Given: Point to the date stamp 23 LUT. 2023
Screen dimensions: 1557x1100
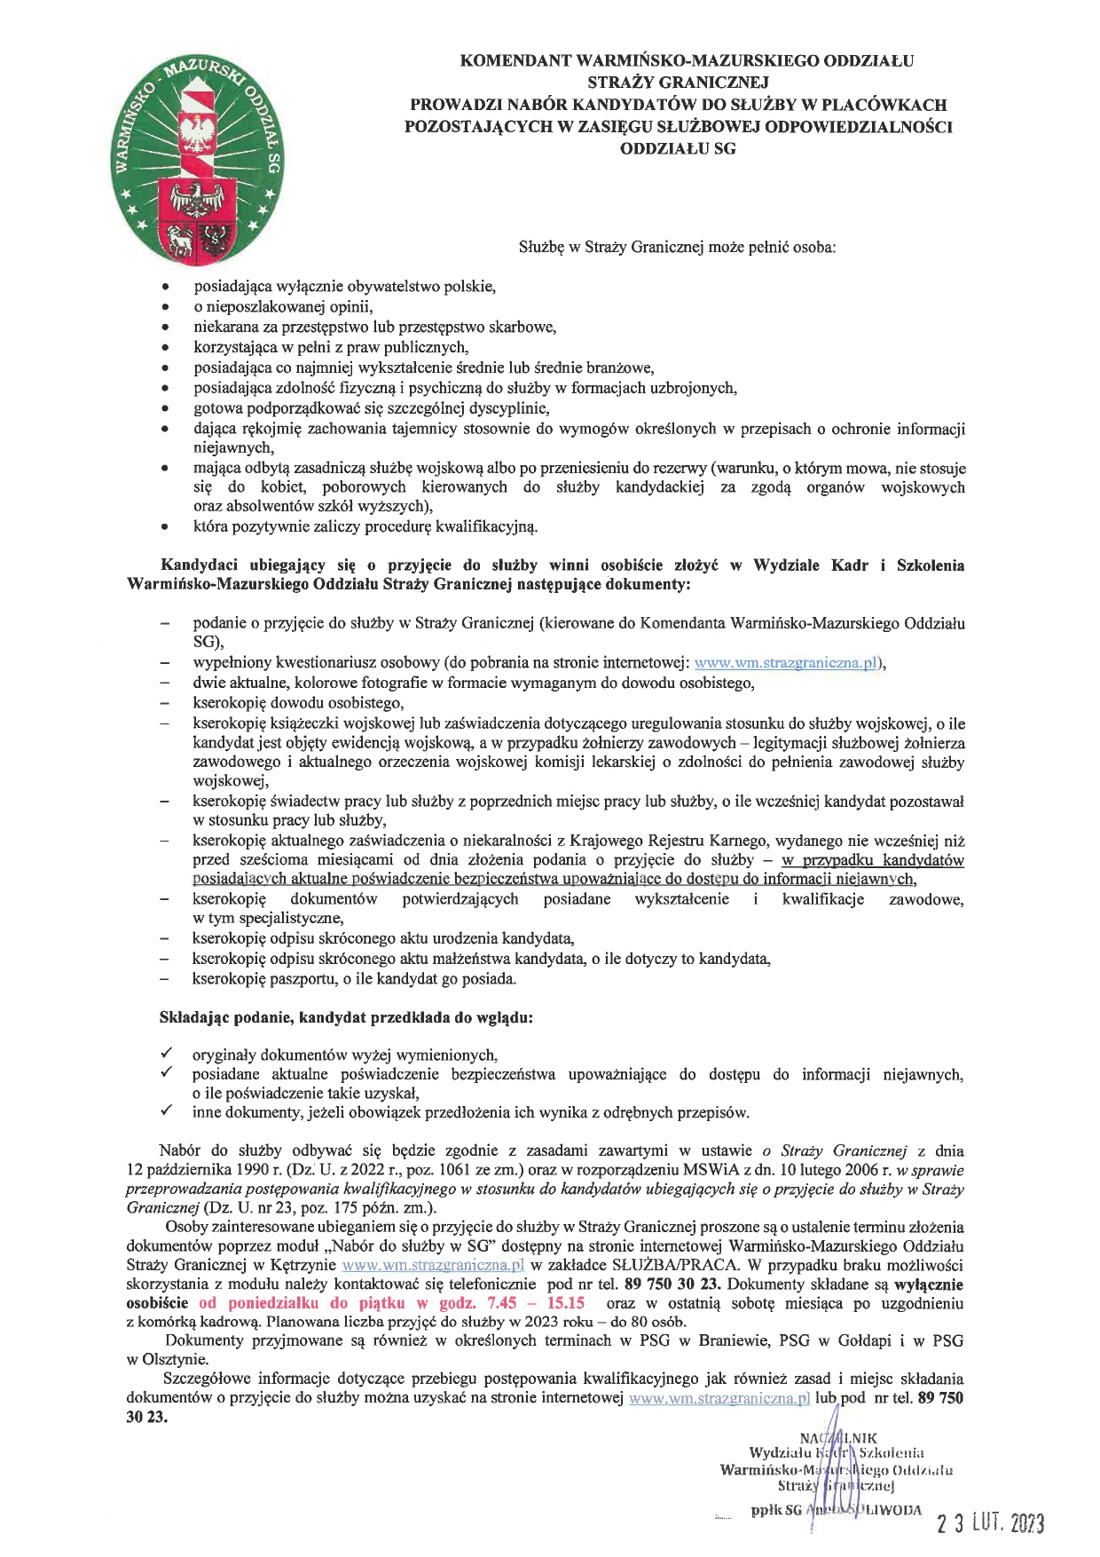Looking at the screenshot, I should click(991, 1523).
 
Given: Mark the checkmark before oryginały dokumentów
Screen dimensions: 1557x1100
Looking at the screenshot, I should click(166, 1054).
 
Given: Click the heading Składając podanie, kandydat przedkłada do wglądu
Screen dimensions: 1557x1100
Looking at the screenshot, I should click(346, 1018).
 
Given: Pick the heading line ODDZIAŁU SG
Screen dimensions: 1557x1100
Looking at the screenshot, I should click(679, 149).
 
